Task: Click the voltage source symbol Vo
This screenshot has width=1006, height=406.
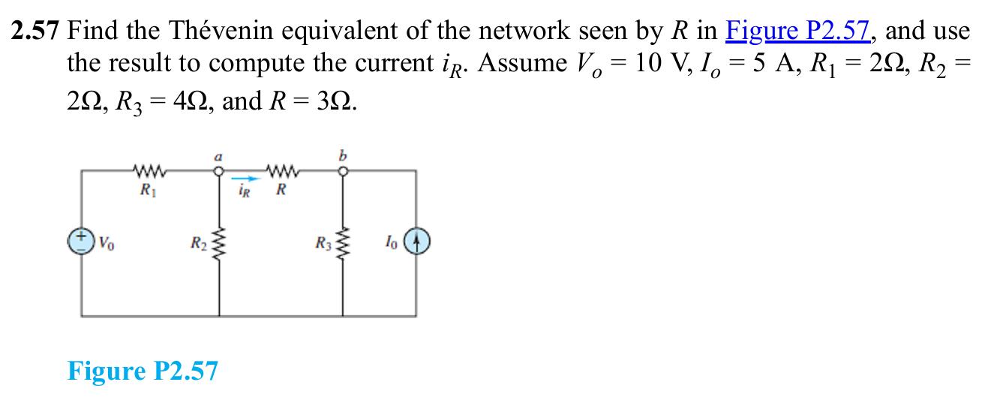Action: [81, 242]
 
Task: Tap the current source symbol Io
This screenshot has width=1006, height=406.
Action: [417, 242]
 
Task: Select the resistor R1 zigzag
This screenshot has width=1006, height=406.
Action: [150, 170]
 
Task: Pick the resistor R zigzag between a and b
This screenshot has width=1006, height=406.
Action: [283, 170]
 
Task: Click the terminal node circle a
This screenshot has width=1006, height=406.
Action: [219, 171]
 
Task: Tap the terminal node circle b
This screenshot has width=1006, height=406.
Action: [343, 171]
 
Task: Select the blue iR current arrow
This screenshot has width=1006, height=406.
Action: [246, 179]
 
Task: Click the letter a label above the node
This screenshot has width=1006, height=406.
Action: [218, 157]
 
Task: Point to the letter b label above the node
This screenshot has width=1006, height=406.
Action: [343, 155]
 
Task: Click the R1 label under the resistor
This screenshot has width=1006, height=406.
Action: [149, 191]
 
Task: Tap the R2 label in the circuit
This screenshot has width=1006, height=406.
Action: [199, 243]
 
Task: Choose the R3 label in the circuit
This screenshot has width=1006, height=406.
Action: [323, 243]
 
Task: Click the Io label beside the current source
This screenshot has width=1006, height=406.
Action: [391, 242]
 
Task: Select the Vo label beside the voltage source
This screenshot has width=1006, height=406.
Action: [107, 243]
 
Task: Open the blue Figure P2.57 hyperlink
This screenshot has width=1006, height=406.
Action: [798, 31]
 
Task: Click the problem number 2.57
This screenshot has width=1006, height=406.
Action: [35, 31]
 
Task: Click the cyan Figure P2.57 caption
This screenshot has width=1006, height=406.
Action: [143, 371]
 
